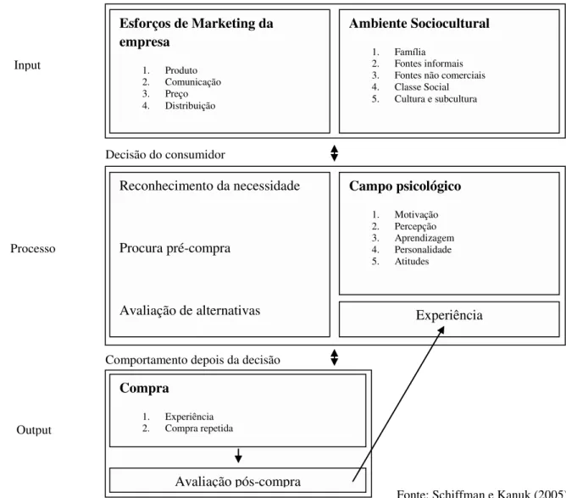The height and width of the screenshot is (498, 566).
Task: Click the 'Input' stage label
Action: coord(27,65)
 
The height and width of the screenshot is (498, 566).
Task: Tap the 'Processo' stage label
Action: coord(33,249)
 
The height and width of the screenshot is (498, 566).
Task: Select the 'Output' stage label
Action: coord(34,430)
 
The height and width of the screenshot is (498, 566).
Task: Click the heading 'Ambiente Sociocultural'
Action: coord(419,24)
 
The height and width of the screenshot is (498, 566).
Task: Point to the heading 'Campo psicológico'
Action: coord(405,186)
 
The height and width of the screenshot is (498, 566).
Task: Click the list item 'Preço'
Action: coord(176,94)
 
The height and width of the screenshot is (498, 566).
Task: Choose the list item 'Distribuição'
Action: coord(191,106)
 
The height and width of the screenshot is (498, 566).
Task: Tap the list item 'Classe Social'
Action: coord(422,87)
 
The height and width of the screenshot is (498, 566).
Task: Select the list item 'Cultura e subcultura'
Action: coord(436,99)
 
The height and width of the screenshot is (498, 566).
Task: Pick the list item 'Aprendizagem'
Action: coord(424,238)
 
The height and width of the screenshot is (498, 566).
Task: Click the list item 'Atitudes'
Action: coord(412,261)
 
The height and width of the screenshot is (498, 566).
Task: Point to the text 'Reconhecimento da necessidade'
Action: coord(210,185)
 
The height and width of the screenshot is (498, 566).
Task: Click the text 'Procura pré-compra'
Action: coord(175,248)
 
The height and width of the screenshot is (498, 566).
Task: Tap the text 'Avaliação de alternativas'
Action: coord(190,310)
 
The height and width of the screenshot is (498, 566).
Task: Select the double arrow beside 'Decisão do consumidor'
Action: coord(334,153)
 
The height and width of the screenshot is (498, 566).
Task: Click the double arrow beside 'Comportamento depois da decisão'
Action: coord(334,357)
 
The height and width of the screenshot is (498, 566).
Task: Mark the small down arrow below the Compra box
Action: coord(238,456)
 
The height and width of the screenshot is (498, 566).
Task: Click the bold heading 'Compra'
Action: coord(144,388)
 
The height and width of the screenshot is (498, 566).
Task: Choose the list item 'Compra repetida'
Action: coord(199,429)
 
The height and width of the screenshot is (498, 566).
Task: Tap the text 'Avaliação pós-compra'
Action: coord(238,482)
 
